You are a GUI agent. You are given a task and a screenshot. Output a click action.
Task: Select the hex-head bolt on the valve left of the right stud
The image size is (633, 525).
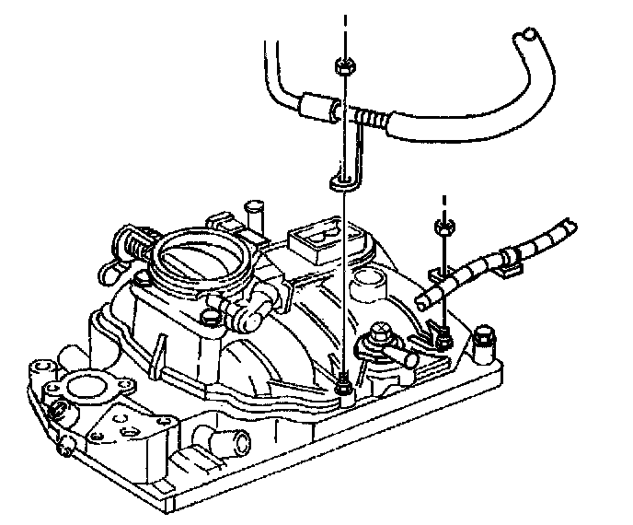pos(376,334)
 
